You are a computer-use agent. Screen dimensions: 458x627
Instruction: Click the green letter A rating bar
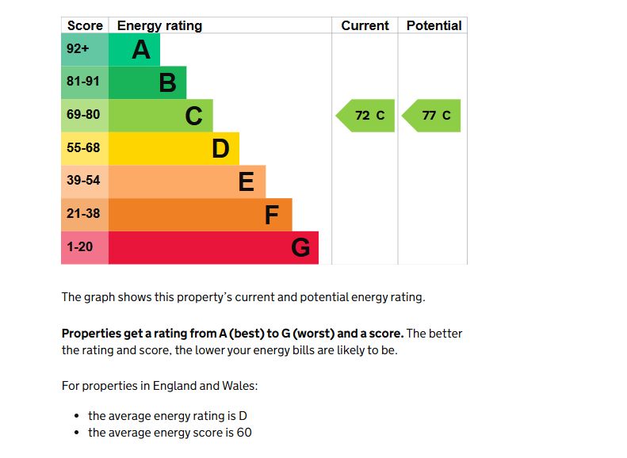pyautogui.click(x=133, y=50)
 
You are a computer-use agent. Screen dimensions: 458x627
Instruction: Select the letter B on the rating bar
pyautogui.click(x=167, y=82)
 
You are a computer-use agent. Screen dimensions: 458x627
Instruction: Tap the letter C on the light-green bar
pyautogui.click(x=193, y=116)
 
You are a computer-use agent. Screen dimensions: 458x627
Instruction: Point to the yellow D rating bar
pyautogui.click(x=173, y=148)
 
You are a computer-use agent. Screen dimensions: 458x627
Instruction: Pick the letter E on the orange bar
pyautogui.click(x=247, y=182)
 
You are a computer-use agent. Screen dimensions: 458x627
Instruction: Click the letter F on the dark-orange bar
pyautogui.click(x=272, y=215)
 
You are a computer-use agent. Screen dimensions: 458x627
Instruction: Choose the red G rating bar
pyautogui.click(x=212, y=247)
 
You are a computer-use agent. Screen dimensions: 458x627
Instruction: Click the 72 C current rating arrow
pyautogui.click(x=366, y=116)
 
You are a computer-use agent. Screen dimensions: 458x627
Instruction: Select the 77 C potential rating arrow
pyautogui.click(x=433, y=116)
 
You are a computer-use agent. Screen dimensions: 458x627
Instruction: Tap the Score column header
pyautogui.click(x=85, y=25)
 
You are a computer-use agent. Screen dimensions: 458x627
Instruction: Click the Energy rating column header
pyautogui.click(x=159, y=25)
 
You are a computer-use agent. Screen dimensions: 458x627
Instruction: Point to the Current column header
pyautogui.click(x=365, y=25)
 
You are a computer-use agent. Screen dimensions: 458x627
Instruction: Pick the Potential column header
pyautogui.click(x=434, y=25)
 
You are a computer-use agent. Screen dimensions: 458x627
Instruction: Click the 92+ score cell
pyautogui.click(x=78, y=49)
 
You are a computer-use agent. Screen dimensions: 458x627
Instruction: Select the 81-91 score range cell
pyautogui.click(x=83, y=82)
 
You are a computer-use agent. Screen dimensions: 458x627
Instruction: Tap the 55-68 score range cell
pyautogui.click(x=83, y=147)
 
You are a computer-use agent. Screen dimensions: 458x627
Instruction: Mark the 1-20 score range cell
pyautogui.click(x=80, y=247)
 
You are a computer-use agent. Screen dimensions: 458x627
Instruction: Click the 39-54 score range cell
pyautogui.click(x=83, y=181)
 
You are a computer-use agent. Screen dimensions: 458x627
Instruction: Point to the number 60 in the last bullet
pyautogui.click(x=243, y=433)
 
